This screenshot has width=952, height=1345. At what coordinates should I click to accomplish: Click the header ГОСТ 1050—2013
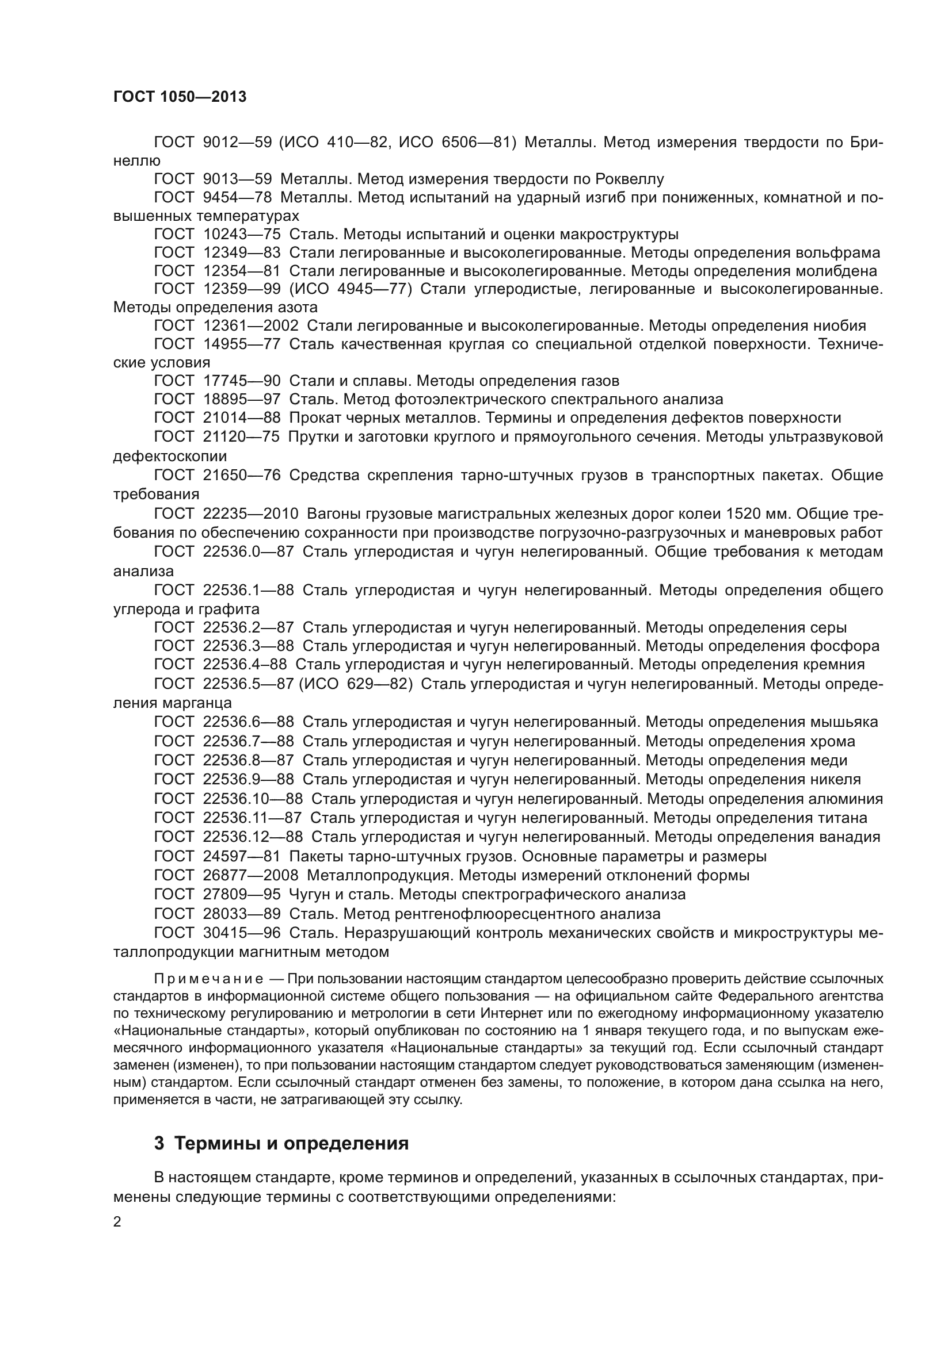click(180, 97)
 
